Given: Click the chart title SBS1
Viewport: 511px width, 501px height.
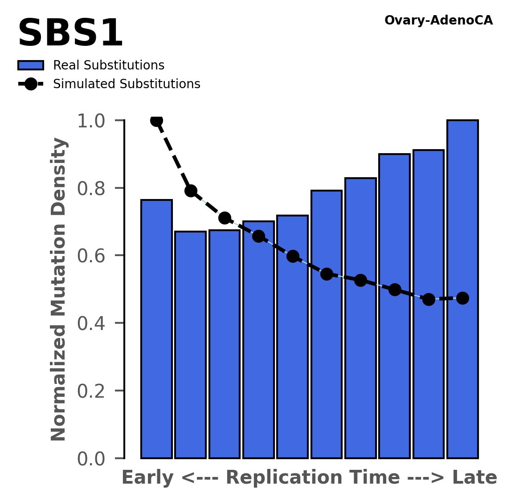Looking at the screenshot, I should click(x=70, y=34).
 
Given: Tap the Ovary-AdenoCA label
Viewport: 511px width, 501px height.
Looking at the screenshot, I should click(x=438, y=20).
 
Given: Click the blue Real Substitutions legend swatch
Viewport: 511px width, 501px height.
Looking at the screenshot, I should click(x=30, y=65).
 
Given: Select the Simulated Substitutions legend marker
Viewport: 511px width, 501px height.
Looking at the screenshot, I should click(x=30, y=84).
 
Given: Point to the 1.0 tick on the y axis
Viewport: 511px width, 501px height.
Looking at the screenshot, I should click(x=94, y=121).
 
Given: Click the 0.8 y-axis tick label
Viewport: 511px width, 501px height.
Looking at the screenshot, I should click(x=94, y=188).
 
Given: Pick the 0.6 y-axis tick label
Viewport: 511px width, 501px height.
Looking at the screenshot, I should click(x=94, y=256).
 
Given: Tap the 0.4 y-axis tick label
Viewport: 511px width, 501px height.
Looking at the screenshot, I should click(x=94, y=323).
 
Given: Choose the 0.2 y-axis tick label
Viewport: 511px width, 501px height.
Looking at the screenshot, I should click(x=94, y=391).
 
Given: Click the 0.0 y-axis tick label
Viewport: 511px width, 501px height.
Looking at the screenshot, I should click(x=94, y=459).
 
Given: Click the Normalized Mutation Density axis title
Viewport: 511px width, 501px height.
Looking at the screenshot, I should click(x=59, y=289).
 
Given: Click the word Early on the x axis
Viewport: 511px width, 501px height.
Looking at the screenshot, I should click(x=147, y=478).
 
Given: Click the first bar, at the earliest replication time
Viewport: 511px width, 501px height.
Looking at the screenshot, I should click(x=156, y=330).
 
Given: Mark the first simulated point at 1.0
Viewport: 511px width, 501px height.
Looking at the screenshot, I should click(x=156, y=121).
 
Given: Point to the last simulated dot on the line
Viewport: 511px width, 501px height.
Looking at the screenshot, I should click(x=462, y=298).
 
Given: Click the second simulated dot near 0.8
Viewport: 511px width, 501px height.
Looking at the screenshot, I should click(x=191, y=191).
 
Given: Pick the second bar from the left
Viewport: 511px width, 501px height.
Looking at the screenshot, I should click(x=190, y=345).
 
